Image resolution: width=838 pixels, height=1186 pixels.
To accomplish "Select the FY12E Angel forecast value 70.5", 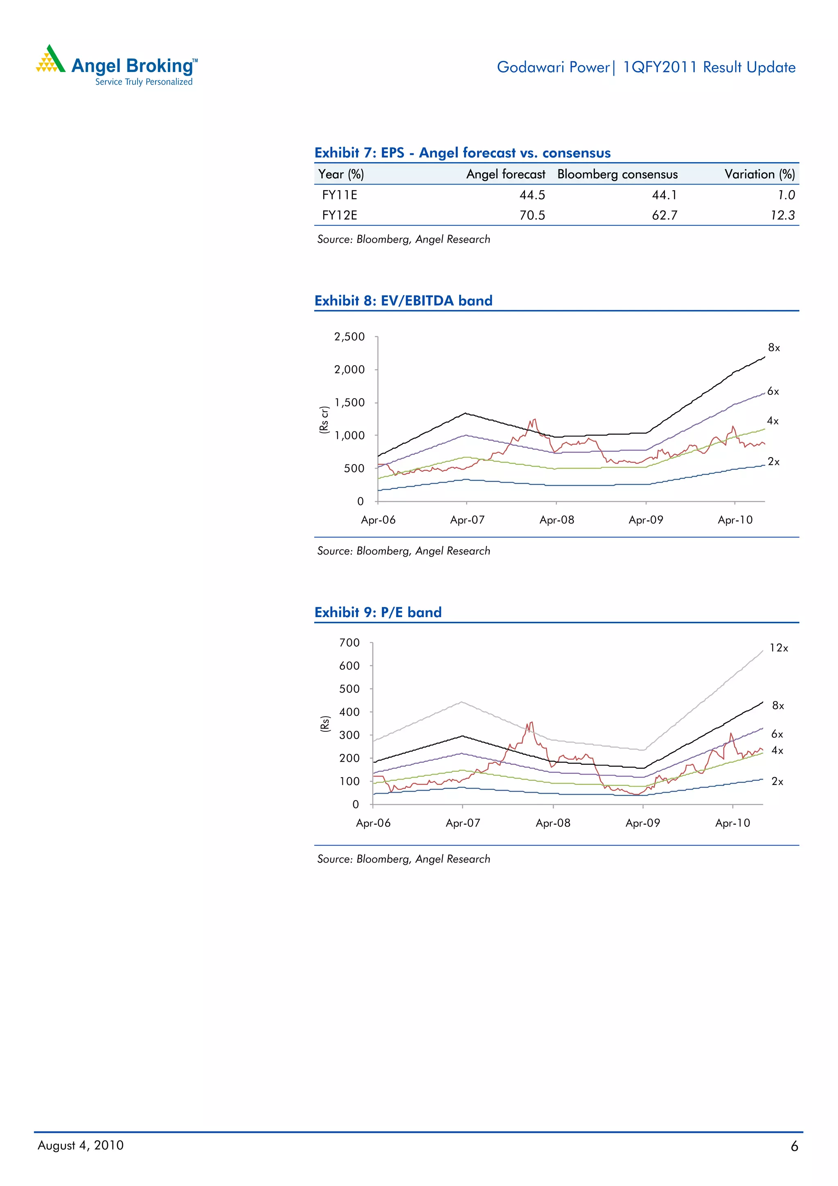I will pos(532,215).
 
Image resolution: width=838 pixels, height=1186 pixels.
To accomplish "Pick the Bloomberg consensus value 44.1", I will pos(664,195).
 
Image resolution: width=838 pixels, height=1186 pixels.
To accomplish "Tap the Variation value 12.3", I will pos(782,215).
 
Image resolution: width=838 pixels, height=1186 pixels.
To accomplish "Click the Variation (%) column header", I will pos(759,174).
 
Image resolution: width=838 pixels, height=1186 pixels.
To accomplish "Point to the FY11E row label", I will pos(339,195).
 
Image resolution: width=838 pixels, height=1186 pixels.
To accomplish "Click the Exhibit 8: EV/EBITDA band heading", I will pos(403,301).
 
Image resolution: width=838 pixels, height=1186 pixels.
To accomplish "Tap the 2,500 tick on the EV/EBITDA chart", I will pos(349,337).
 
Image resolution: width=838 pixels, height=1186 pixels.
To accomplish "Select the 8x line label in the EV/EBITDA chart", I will pos(773,347).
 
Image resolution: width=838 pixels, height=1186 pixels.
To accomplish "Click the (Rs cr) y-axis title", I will pos(324,419).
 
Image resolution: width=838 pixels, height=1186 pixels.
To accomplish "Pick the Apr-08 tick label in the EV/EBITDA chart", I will pos(556,520).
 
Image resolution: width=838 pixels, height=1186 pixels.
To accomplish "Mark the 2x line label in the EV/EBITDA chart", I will pos(773,462).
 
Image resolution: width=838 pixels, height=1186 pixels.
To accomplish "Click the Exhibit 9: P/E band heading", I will pos(378,612).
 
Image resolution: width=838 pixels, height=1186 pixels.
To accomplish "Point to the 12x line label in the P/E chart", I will pos(779,648).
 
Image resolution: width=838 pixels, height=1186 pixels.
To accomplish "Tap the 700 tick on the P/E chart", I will pos(349,643).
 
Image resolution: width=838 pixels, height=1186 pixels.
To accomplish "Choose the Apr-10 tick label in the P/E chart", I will pos(732,823).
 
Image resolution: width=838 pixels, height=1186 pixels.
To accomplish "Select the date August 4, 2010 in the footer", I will pos(81,1145).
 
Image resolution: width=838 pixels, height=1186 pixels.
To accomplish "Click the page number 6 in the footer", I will pos(794,1146).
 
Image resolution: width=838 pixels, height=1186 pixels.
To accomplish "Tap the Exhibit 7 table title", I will pos(462,153).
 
